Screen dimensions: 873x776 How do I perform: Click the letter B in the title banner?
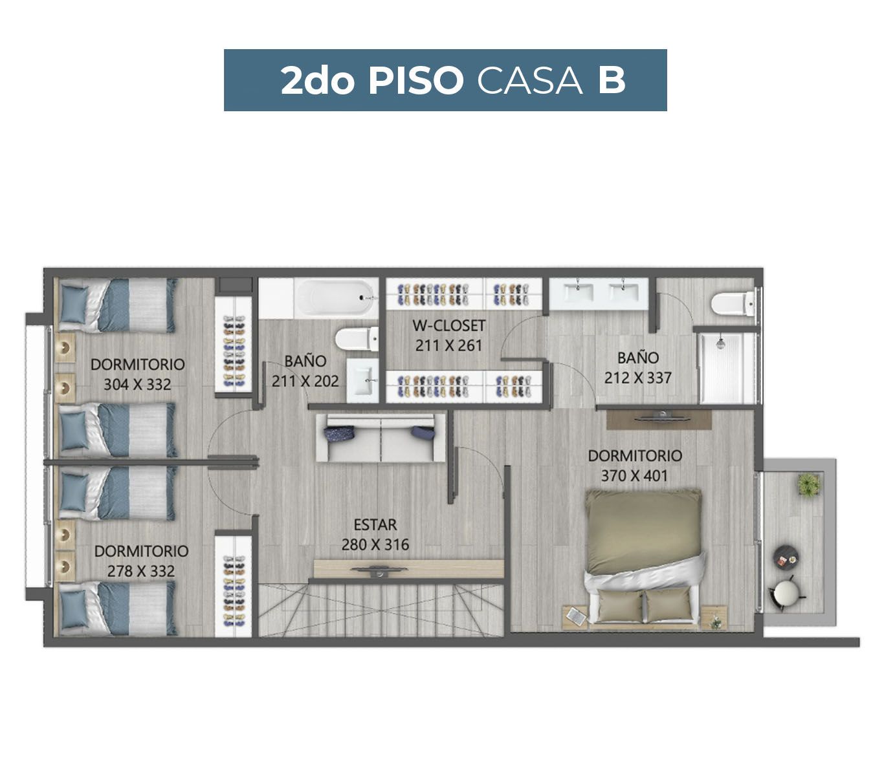tap(611, 81)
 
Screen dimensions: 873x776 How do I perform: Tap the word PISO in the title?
tap(415, 81)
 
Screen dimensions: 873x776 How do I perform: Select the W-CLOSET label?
tap(448, 325)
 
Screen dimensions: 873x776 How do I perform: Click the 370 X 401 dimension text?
tap(634, 475)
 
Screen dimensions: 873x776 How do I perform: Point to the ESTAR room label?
tap(375, 524)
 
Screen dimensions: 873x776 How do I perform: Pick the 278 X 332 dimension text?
tap(141, 571)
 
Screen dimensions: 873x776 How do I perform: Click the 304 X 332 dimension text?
tap(137, 384)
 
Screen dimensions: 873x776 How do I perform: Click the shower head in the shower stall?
tap(720, 343)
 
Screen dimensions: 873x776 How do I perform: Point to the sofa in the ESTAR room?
tap(381, 438)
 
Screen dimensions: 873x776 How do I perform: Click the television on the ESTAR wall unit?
tap(379, 570)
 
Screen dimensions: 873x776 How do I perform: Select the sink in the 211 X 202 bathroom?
tap(362, 381)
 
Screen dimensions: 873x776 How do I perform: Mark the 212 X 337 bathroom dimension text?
tap(637, 378)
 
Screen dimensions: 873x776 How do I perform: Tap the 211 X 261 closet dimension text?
tap(448, 345)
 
